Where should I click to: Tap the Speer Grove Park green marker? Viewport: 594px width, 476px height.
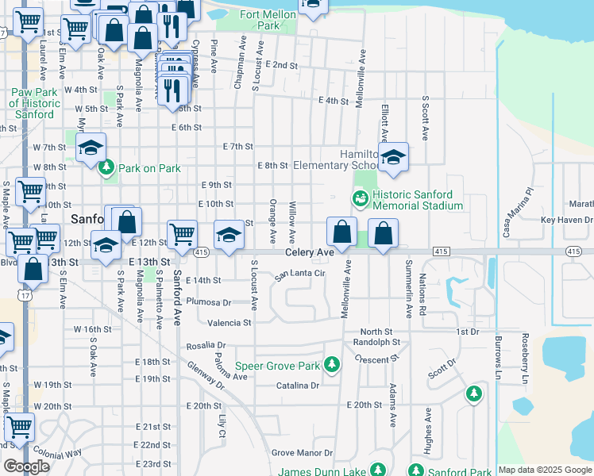pos(332,366)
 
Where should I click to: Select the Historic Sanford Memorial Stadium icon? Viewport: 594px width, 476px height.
pos(359,196)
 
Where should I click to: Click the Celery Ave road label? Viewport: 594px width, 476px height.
pos(310,252)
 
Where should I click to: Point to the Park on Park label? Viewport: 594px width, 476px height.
pos(149,168)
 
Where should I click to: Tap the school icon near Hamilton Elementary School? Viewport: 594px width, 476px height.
pos(392,158)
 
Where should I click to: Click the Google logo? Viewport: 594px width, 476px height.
pos(26,466)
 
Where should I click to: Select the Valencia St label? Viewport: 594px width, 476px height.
pos(229,323)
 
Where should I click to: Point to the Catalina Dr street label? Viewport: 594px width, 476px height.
pos(297,386)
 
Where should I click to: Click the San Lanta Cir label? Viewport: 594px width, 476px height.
pos(301,274)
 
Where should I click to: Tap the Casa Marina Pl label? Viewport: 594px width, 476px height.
pos(517,213)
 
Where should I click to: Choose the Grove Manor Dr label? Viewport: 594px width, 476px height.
pos(302,453)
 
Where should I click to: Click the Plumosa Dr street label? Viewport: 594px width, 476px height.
pos(208,301)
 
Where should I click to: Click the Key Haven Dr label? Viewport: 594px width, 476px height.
pos(566,220)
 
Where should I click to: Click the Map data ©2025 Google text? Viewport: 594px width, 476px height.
pos(545,470)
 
